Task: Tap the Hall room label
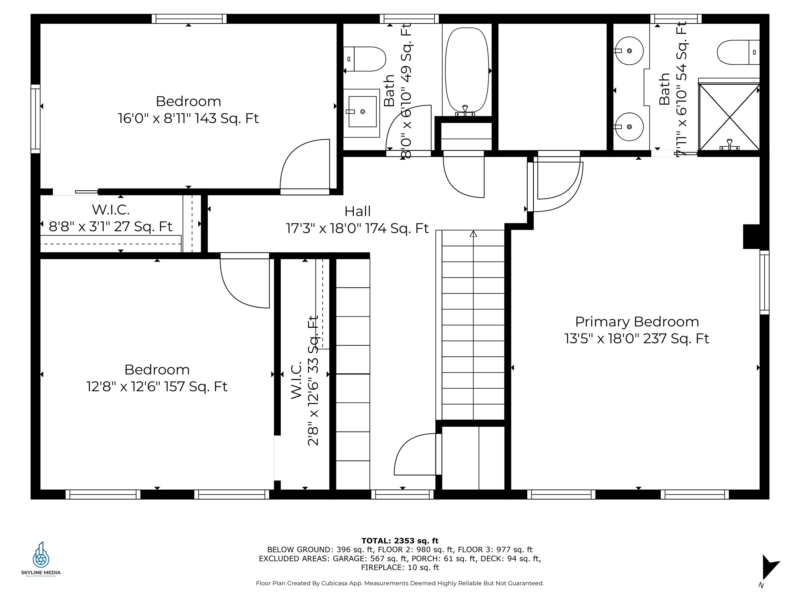[x=357, y=211]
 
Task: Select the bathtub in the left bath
[x=467, y=71]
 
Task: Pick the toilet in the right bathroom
[x=738, y=52]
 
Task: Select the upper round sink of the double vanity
[x=629, y=51]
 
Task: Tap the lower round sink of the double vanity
[x=629, y=127]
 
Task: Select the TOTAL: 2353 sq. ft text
[x=400, y=541]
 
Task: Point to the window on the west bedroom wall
[x=35, y=119]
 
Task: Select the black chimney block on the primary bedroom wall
[x=752, y=236]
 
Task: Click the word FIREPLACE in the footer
[x=383, y=567]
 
